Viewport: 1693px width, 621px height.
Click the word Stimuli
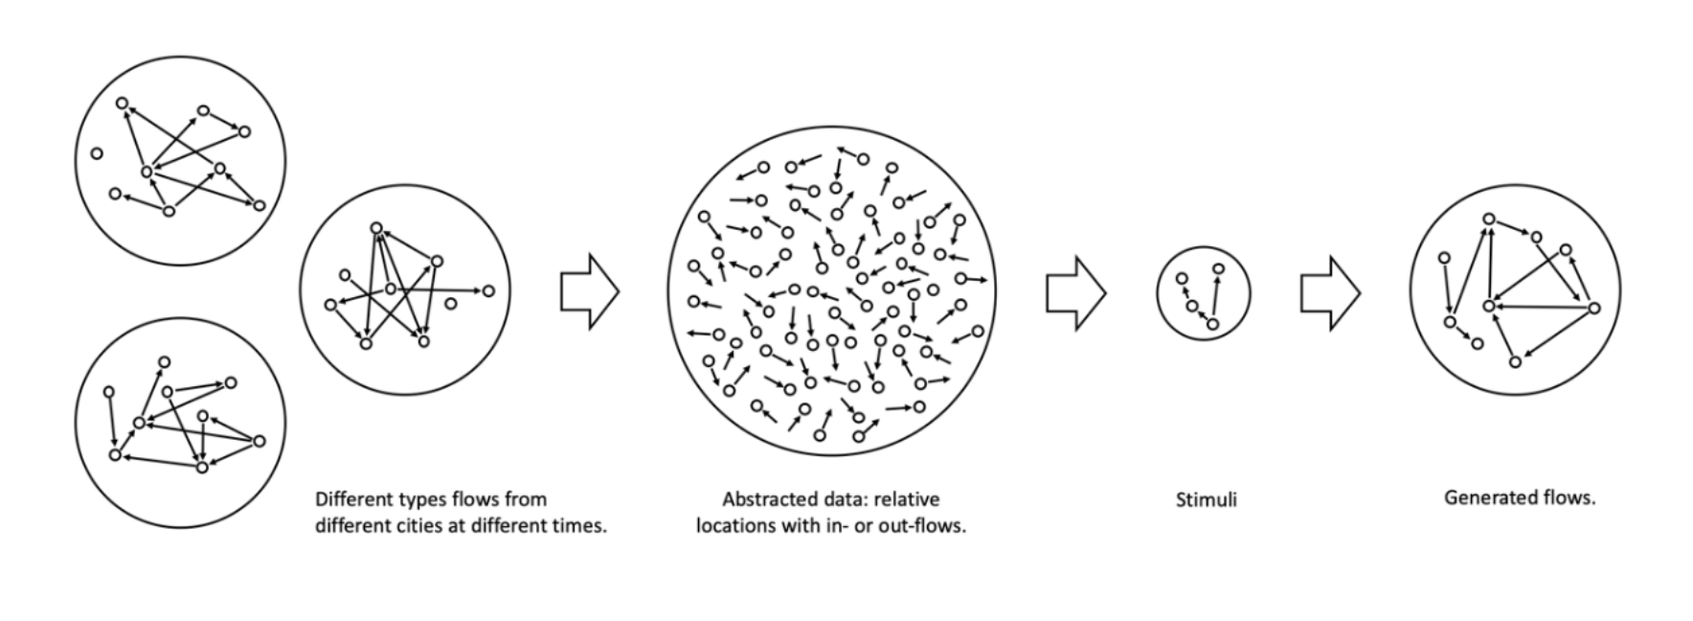pyautogui.click(x=1206, y=499)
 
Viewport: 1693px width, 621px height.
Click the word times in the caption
pyautogui.click(x=581, y=525)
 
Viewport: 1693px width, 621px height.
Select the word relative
pyautogui.click(x=908, y=499)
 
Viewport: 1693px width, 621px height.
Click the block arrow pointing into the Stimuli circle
pyautogui.click(x=1075, y=292)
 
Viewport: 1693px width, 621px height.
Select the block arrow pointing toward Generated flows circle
pyautogui.click(x=1330, y=292)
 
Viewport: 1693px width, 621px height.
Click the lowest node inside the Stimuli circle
pyautogui.click(x=1211, y=325)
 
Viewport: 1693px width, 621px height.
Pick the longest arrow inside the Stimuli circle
pyautogui.click(x=1215, y=297)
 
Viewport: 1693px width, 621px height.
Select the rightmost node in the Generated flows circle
pyautogui.click(x=1593, y=308)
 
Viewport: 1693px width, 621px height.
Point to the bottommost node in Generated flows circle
pyautogui.click(x=1515, y=361)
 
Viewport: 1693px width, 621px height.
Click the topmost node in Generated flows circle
pyautogui.click(x=1489, y=219)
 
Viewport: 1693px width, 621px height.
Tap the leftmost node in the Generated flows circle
pyautogui.click(x=1445, y=257)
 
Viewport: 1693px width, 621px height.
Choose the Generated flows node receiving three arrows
pyautogui.click(x=1489, y=306)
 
